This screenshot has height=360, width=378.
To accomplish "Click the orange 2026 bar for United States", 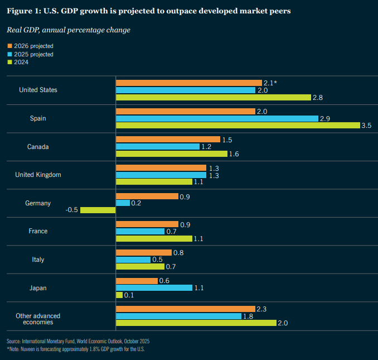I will (x=188, y=83).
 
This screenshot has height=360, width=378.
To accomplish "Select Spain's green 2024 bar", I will (x=238, y=126).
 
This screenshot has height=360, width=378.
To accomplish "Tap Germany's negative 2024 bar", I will (x=98, y=210).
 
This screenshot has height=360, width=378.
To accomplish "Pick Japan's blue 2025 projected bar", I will (x=153, y=287).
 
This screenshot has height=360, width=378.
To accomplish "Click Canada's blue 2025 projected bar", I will (x=157, y=146).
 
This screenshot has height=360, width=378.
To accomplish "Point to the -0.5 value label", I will (x=71, y=210).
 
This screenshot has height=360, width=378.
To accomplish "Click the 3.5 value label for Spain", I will (x=366, y=126).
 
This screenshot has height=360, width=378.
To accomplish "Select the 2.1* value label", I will (x=270, y=83).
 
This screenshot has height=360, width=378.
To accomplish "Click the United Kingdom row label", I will (x=38, y=175).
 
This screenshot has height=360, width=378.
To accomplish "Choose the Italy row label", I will (x=38, y=260).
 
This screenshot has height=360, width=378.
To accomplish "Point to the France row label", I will (x=38, y=231).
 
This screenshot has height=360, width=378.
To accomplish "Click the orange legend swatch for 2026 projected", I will (x=9, y=46).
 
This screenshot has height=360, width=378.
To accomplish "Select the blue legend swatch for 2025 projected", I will (x=9, y=54).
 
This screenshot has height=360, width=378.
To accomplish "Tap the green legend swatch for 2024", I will (x=9, y=62).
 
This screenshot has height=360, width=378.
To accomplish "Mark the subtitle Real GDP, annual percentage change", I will (x=68, y=30).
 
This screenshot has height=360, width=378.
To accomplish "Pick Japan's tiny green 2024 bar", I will (x=119, y=295).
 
